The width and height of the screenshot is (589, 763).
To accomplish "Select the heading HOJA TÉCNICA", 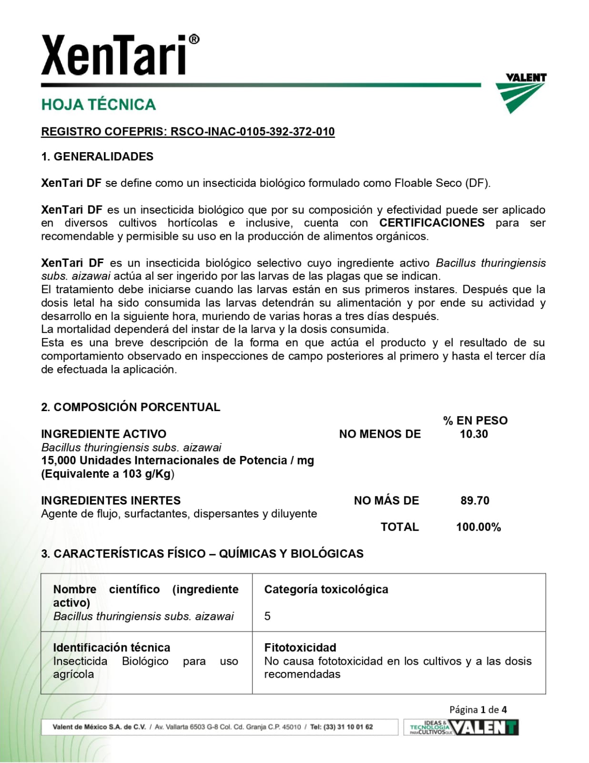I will (x=99, y=104).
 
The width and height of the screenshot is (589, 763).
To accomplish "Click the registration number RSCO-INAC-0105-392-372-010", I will (x=253, y=132).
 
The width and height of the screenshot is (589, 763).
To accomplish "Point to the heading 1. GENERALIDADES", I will (x=97, y=156).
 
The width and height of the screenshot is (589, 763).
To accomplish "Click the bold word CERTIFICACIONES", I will (x=432, y=223).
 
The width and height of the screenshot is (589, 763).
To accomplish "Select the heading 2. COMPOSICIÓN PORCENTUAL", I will (x=131, y=407).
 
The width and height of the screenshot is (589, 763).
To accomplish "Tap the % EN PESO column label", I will (x=475, y=420).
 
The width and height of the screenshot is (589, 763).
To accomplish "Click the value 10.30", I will (x=474, y=433).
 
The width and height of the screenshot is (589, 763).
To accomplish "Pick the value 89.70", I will (x=475, y=500).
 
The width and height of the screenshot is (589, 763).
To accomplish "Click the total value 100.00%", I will (x=478, y=527).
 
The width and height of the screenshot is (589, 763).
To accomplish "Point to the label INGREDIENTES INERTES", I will (x=111, y=500).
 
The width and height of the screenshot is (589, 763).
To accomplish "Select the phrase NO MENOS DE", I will (x=380, y=433).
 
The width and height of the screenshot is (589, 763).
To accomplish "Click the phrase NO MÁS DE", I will (x=386, y=500).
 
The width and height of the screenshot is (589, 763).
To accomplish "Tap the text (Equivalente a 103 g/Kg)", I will (x=108, y=474).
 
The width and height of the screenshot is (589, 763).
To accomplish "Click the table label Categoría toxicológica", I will (x=326, y=589).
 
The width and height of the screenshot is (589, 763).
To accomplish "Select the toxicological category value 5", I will (x=267, y=616).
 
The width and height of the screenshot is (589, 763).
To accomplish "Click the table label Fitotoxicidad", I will (x=300, y=647).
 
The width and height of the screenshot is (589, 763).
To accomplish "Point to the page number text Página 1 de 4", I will (x=478, y=709).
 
